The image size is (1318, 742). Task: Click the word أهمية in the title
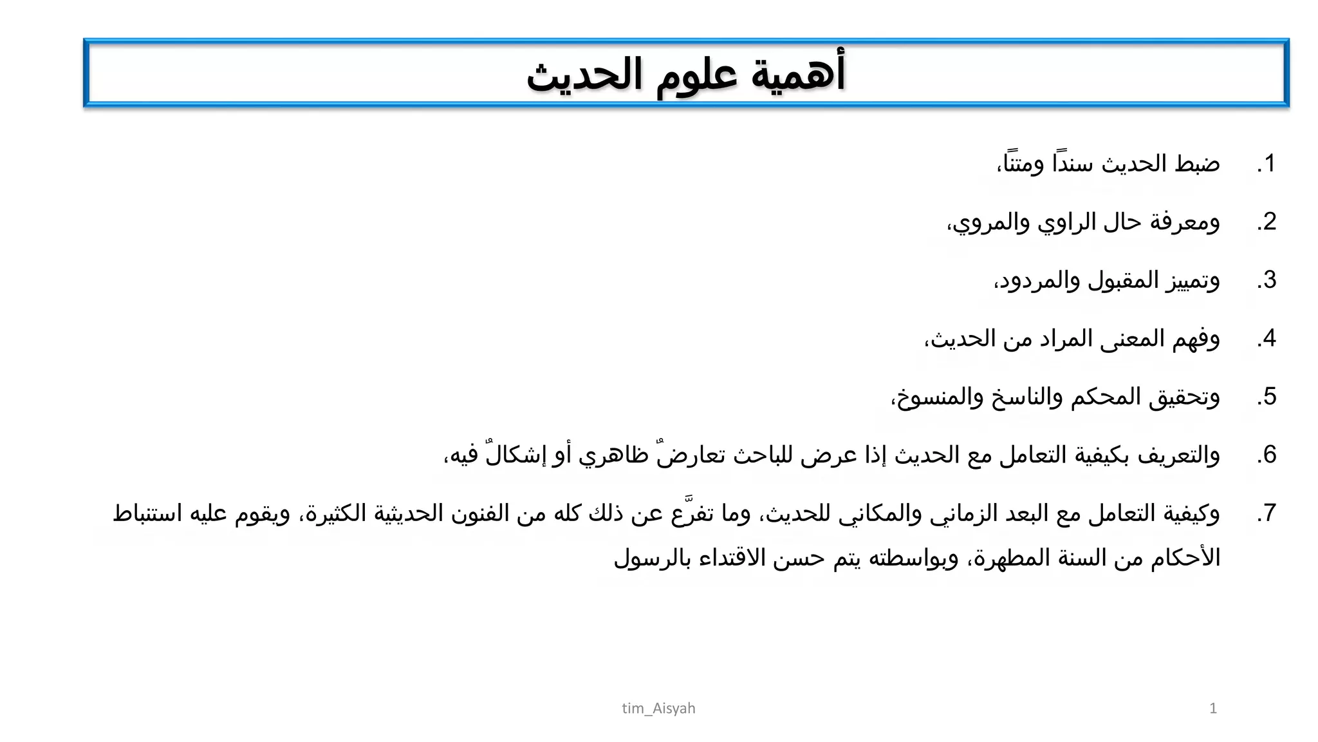(x=798, y=74)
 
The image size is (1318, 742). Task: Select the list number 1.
(x=1267, y=164)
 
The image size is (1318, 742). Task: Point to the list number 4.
(x=1267, y=338)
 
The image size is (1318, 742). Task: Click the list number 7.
(x=1267, y=513)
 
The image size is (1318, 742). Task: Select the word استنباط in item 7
(x=149, y=513)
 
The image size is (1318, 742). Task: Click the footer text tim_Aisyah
(x=658, y=709)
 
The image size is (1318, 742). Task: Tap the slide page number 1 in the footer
(x=1213, y=709)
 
